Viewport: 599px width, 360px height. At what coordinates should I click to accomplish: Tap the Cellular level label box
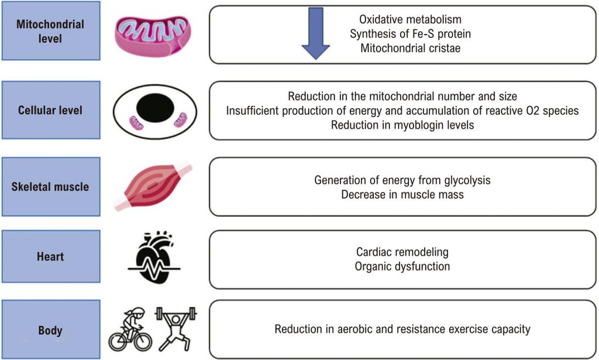pyautogui.click(x=50, y=110)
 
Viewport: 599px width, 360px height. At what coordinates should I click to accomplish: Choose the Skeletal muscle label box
pyautogui.click(x=50, y=187)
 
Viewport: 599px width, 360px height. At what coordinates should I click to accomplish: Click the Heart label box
pyautogui.click(x=50, y=257)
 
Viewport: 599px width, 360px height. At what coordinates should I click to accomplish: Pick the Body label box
pyautogui.click(x=50, y=330)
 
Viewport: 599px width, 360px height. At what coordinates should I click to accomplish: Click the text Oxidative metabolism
pyautogui.click(x=410, y=20)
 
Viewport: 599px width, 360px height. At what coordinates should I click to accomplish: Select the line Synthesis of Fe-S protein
pyautogui.click(x=410, y=34)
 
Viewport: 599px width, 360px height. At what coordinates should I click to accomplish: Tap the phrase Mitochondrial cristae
pyautogui.click(x=410, y=48)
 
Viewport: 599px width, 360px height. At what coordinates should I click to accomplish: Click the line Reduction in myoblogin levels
pyautogui.click(x=402, y=125)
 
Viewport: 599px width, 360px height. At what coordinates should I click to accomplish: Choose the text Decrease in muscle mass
pyautogui.click(x=402, y=194)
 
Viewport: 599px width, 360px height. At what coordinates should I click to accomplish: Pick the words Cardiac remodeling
pyautogui.click(x=402, y=252)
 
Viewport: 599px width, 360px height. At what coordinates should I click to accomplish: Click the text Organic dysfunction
pyautogui.click(x=402, y=266)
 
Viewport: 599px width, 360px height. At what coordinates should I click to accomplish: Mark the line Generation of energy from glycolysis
pyautogui.click(x=402, y=180)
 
